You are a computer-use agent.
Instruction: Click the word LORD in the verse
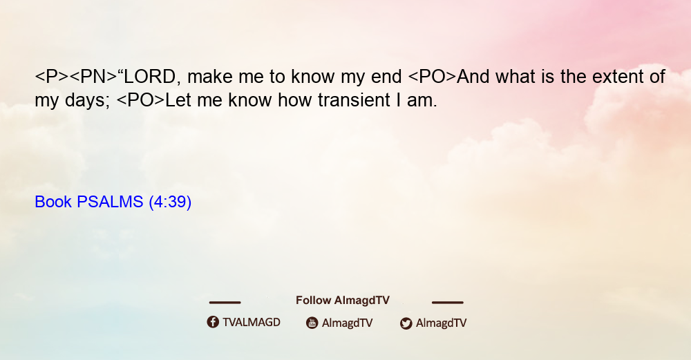point(149,77)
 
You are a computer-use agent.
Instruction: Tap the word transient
point(354,100)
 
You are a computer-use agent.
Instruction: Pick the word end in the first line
point(386,77)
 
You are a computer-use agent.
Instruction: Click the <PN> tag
point(93,77)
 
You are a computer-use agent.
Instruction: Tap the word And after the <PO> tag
point(473,77)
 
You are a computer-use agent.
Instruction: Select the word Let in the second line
point(178,100)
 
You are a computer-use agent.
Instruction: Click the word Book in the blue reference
point(53,202)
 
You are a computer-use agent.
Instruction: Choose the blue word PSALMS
point(110,202)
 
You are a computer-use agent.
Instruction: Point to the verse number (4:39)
point(170,202)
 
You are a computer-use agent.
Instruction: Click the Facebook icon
point(213,322)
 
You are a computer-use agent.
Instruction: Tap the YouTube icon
point(312,323)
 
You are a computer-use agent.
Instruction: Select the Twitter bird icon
point(406,323)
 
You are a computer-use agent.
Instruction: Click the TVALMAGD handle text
point(252,322)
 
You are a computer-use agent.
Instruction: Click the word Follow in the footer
point(313,300)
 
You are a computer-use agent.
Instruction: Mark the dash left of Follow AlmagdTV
point(225,302)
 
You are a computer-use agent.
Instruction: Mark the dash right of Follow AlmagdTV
point(448,302)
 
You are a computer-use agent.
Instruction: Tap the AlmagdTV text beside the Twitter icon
point(441,323)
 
